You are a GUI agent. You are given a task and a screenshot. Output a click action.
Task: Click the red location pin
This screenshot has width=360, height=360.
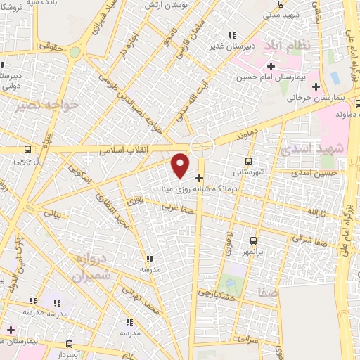(181, 165)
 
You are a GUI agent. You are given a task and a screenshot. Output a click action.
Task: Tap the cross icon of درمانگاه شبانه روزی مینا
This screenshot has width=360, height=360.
(200, 177)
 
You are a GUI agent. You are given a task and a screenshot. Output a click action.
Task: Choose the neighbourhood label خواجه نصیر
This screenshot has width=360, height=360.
(38, 105)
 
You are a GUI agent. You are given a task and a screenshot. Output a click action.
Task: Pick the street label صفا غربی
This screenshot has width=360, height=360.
(177, 207)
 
